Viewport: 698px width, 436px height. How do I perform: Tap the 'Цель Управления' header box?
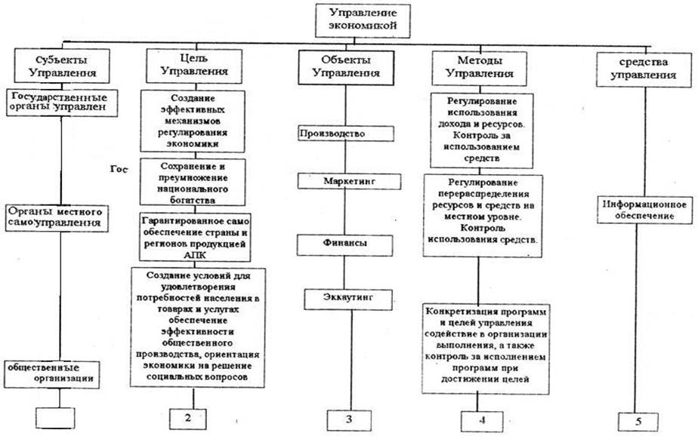[x=189, y=66]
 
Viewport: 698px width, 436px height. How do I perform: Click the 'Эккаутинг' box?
[x=347, y=299]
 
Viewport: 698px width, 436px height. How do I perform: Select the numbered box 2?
[x=186, y=416]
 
